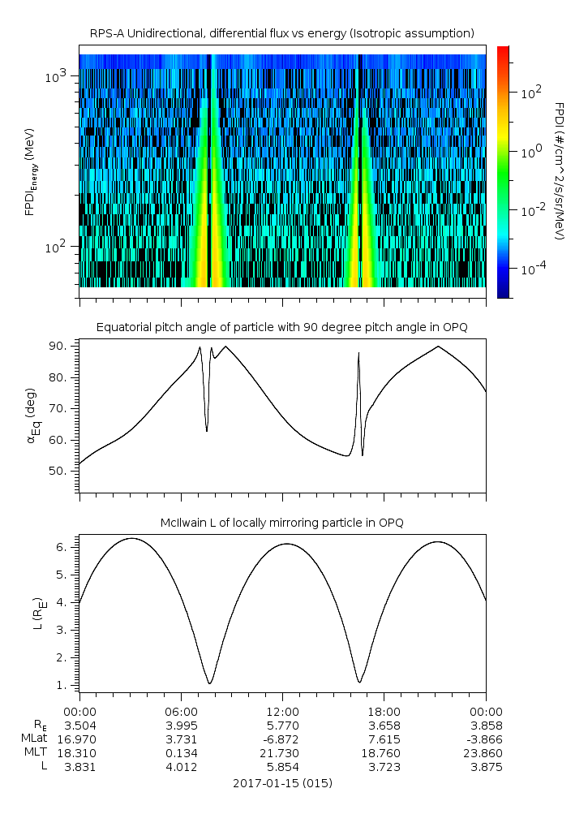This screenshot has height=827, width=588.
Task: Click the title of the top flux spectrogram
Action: click(281, 33)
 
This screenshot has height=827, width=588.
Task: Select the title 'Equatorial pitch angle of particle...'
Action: click(281, 327)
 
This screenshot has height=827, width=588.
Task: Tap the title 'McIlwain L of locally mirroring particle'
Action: click(281, 522)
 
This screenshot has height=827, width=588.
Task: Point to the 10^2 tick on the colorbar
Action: click(532, 93)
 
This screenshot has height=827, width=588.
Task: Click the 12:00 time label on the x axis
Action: click(281, 711)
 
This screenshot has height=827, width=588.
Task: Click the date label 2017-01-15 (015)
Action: click(281, 783)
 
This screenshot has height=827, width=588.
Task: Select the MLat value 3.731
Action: click(181, 739)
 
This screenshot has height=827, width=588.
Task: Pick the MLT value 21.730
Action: click(281, 752)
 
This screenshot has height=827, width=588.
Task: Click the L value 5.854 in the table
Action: click(281, 766)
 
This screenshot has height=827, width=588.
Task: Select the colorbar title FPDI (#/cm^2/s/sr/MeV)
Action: click(559, 170)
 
